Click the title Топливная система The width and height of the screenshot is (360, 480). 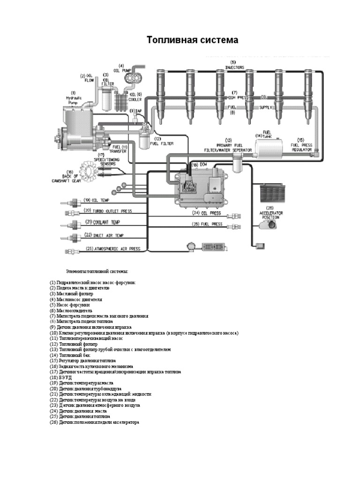(x=193, y=40)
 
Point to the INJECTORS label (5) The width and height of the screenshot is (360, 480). (x=233, y=65)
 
